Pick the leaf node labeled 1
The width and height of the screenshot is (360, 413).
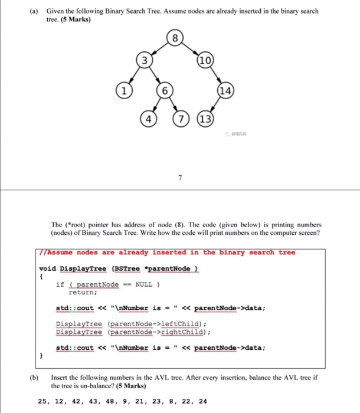123,91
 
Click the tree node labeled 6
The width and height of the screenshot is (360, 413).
167,91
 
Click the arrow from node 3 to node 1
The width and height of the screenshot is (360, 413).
132,76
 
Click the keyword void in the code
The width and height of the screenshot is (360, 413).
48,268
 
